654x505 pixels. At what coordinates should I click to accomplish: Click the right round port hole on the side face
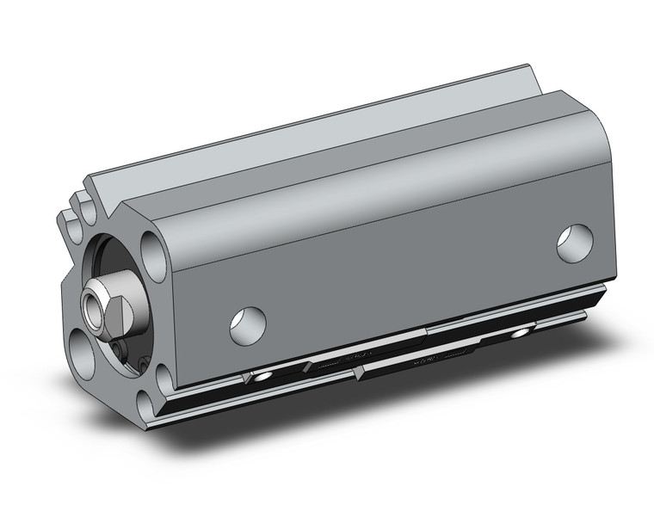pyautogui.click(x=575, y=242)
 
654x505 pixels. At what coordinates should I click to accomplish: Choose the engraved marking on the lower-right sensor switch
pyautogui.click(x=439, y=354)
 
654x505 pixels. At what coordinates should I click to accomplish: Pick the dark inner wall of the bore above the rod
pyautogui.click(x=112, y=258)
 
